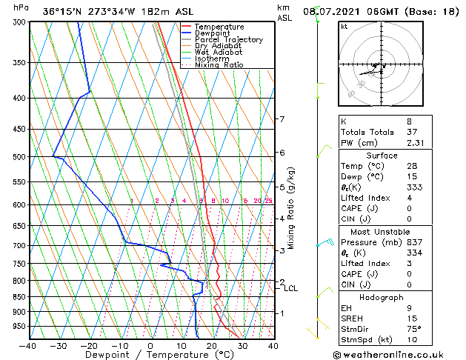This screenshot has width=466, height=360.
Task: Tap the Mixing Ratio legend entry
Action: (220, 65)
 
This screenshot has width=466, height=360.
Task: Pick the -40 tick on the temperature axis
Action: (28, 345)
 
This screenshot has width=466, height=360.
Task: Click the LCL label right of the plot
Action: (290, 288)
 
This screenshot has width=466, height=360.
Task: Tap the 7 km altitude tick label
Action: (282, 119)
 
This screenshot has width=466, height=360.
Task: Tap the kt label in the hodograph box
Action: (344, 26)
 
